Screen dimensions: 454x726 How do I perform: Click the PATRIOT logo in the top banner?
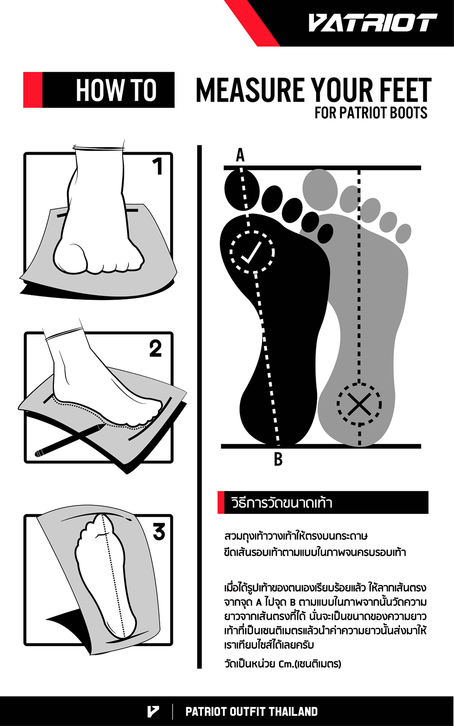pyautogui.click(x=373, y=23)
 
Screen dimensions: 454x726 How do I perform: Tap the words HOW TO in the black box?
pyautogui.click(x=117, y=90)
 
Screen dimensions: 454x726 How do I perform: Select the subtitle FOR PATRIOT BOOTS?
pyautogui.click(x=371, y=113)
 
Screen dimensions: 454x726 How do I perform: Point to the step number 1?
pyautogui.click(x=157, y=167)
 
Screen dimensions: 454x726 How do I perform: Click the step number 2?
pyautogui.click(x=156, y=348)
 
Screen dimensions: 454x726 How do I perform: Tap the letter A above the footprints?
pyautogui.click(x=240, y=155)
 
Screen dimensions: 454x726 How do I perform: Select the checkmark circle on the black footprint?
pyautogui.click(x=252, y=252)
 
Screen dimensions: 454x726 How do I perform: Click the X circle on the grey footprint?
pyautogui.click(x=359, y=404)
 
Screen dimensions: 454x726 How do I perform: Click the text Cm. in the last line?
pyautogui.click(x=286, y=664)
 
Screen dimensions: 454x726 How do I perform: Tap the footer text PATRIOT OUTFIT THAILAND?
pyautogui.click(x=251, y=711)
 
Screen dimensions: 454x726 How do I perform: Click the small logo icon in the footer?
pyautogui.click(x=153, y=711)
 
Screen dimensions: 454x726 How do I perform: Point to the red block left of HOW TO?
pyautogui.click(x=33, y=90)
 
